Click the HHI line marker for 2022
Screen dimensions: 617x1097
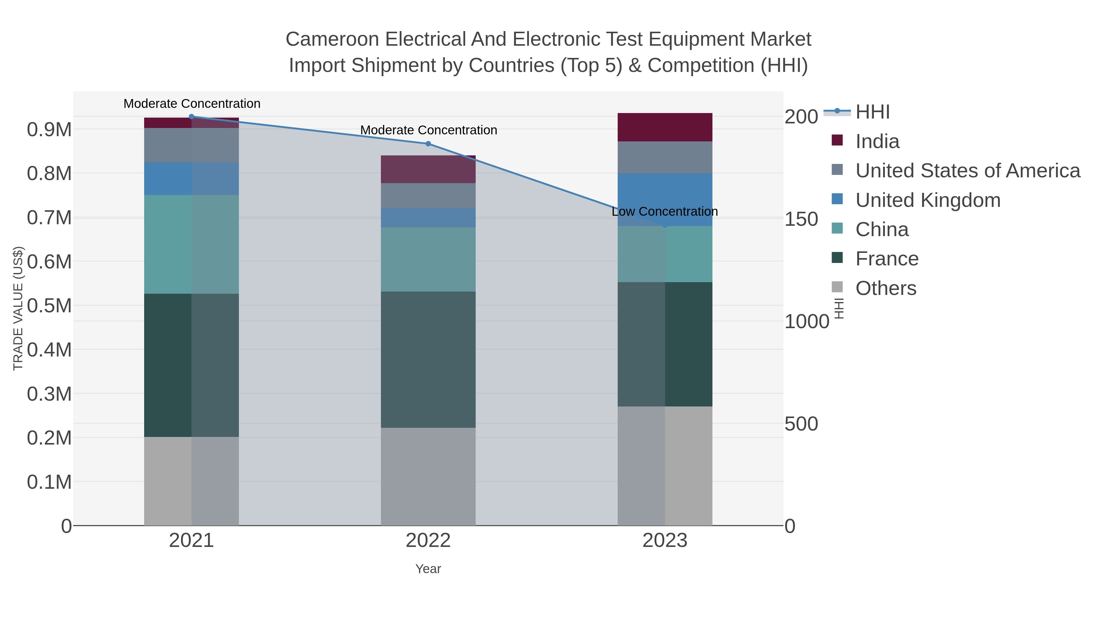[x=428, y=144]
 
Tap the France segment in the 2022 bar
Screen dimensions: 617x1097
[x=428, y=360]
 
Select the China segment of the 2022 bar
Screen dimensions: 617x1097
[x=428, y=259]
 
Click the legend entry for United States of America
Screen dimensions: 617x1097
[x=967, y=171]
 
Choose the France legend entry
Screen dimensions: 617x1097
[x=887, y=259]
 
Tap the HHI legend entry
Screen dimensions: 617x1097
[x=872, y=112]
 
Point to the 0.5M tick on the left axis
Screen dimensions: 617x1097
[x=49, y=306]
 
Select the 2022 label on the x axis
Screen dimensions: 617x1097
[x=428, y=541]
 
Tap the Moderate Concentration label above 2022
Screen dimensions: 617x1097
[x=428, y=130]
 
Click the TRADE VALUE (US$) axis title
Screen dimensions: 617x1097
[x=18, y=308]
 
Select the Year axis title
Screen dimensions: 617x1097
[x=428, y=569]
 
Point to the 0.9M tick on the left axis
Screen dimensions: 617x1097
[x=49, y=130]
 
